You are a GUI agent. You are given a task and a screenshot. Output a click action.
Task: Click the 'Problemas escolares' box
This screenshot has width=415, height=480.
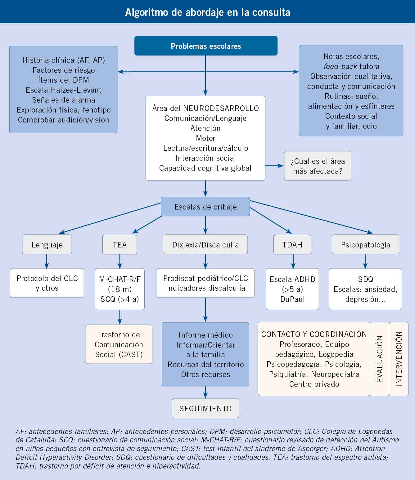click(206, 46)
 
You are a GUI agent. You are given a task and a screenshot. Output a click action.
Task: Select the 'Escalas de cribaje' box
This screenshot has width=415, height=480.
click(205, 207)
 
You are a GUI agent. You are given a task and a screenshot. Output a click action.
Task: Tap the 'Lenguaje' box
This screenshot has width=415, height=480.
click(47, 245)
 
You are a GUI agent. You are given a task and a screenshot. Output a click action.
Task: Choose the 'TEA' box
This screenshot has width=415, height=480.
click(120, 245)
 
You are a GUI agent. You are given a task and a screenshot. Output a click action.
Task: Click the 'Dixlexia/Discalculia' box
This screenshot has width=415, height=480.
click(205, 245)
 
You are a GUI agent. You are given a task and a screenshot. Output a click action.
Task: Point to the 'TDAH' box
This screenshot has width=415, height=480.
click(292, 245)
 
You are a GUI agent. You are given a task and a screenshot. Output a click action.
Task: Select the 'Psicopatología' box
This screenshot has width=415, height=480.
click(366, 245)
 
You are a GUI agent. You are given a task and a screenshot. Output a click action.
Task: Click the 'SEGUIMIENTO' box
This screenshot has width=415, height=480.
click(205, 408)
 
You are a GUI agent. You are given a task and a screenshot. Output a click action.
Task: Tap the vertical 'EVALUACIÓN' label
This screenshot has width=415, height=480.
click(380, 359)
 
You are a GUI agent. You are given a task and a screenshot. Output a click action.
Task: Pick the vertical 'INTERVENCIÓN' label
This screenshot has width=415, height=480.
click(399, 359)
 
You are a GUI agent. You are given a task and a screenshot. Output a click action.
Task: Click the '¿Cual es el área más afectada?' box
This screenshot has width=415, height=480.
click(318, 166)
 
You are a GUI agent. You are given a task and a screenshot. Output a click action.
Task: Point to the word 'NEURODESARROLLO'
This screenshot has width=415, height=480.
click(221, 108)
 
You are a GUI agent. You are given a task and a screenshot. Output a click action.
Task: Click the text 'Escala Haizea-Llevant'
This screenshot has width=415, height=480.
click(64, 90)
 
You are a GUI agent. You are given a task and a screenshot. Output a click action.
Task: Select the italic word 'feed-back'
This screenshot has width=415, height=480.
click(340, 67)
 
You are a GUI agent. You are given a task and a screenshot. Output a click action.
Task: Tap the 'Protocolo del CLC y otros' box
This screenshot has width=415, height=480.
click(47, 283)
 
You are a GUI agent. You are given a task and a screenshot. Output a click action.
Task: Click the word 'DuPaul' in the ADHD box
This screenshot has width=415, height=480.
click(292, 299)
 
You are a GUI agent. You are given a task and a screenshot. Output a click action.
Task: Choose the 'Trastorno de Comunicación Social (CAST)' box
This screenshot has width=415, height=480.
click(119, 344)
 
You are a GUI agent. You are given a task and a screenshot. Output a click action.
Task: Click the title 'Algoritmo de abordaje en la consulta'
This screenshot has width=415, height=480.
click(208, 12)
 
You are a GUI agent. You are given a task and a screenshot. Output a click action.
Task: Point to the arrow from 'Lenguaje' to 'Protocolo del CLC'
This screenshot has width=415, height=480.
click(47, 261)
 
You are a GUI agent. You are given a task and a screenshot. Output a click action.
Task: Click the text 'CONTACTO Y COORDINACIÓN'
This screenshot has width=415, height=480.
click(314, 334)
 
